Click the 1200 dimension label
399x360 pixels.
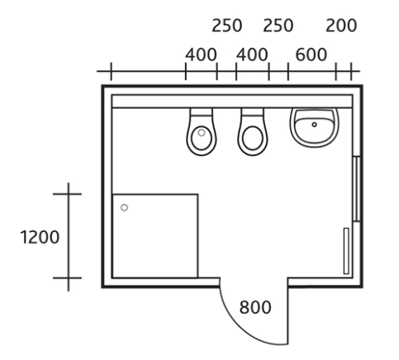pos(40,237)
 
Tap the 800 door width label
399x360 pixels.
pos(255,307)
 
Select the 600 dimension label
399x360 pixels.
pos(311,54)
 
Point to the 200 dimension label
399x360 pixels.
pos(341,26)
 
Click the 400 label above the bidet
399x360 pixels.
pos(201,54)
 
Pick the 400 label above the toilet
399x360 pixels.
pos(252,54)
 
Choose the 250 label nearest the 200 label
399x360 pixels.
pos(278,26)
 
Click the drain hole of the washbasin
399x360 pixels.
pos(314,125)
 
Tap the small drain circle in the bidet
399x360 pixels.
pos(202,133)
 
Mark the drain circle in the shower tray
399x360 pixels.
pos(124,207)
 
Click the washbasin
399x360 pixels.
pos(314,127)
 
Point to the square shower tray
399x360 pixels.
pos(155,236)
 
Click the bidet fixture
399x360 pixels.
pos(202,132)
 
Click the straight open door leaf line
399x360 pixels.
pos(288,311)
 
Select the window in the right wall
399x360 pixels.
pos(357,189)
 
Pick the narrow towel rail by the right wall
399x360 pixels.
pos(346,251)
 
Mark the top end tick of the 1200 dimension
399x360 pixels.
pos(68,194)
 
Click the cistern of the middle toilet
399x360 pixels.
pos(253,112)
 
